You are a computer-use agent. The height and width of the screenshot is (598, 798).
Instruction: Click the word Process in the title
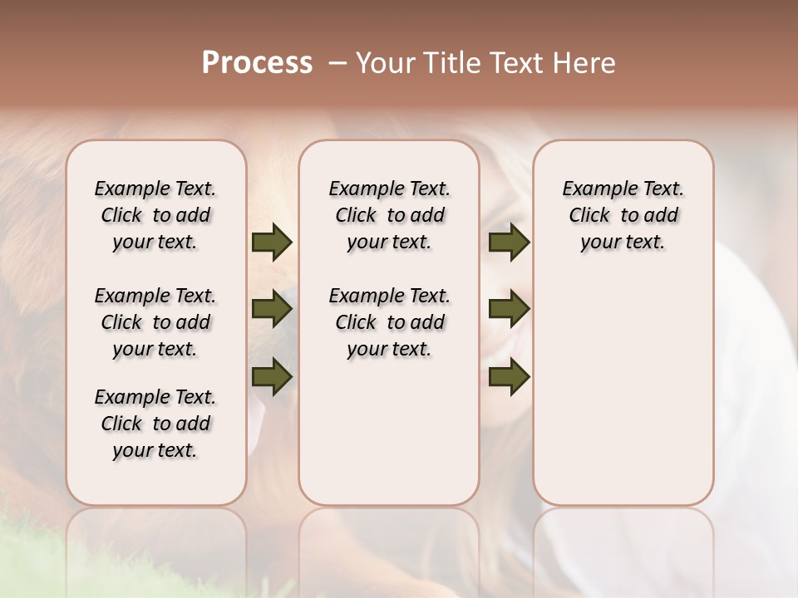coord(257,63)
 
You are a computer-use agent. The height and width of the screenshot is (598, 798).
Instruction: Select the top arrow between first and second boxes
coord(272,243)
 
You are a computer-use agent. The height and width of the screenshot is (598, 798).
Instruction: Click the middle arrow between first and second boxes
coord(272,310)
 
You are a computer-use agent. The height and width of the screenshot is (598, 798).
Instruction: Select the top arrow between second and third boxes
coord(509,243)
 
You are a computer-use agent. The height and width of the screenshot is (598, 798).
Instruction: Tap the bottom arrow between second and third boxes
coord(509,376)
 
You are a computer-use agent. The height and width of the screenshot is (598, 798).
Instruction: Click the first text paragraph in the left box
coord(155,215)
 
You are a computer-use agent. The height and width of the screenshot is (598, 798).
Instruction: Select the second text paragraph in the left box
coord(155,322)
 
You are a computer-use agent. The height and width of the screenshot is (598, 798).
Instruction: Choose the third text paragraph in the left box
coord(155,424)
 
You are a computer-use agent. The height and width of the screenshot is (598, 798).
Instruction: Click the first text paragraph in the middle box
coord(389,215)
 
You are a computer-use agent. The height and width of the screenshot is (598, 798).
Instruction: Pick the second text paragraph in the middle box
coord(389,322)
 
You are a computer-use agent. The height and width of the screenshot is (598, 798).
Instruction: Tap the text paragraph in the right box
coord(623,215)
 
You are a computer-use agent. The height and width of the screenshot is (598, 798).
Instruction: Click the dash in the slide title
coord(337,63)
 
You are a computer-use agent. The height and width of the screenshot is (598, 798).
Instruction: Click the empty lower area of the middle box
coord(389,432)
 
